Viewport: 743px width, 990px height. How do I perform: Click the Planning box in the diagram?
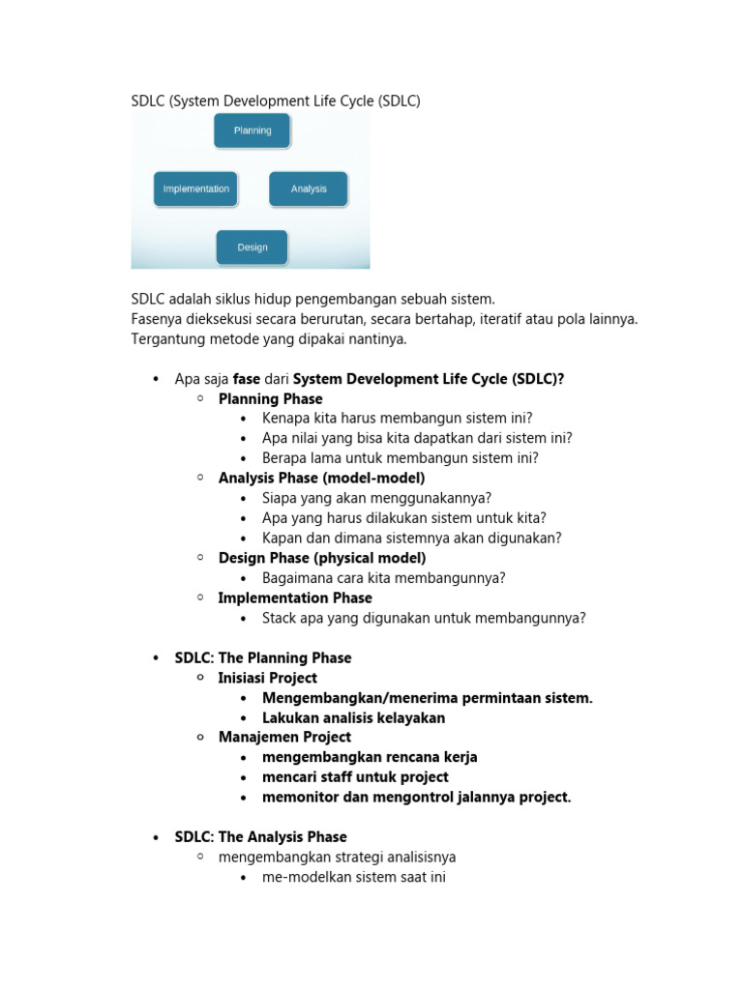click(253, 131)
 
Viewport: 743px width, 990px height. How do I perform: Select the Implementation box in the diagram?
click(196, 189)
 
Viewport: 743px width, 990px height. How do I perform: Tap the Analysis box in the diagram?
click(309, 189)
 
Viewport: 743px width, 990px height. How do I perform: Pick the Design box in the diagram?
click(253, 247)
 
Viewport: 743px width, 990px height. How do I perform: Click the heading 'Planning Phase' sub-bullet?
click(271, 398)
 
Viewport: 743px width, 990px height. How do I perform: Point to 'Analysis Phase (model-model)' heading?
click(321, 478)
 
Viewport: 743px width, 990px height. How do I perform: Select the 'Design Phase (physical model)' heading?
click(322, 558)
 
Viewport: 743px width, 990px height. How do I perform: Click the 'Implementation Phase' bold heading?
click(295, 597)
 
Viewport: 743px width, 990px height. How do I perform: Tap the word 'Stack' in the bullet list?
click(281, 618)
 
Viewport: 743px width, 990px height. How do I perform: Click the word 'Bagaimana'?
click(296, 578)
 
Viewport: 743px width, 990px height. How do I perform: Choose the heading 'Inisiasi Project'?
click(268, 678)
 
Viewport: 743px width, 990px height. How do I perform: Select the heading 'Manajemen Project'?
click(284, 737)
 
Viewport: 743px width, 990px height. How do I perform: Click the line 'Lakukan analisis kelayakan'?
click(354, 717)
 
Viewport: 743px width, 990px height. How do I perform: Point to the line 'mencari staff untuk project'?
click(355, 776)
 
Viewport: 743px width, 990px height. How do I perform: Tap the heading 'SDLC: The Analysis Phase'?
click(261, 836)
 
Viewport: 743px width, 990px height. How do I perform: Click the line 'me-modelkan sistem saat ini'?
click(353, 877)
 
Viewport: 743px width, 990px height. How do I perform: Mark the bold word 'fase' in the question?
click(247, 379)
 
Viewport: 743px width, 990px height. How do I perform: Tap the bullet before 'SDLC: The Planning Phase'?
click(156, 658)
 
